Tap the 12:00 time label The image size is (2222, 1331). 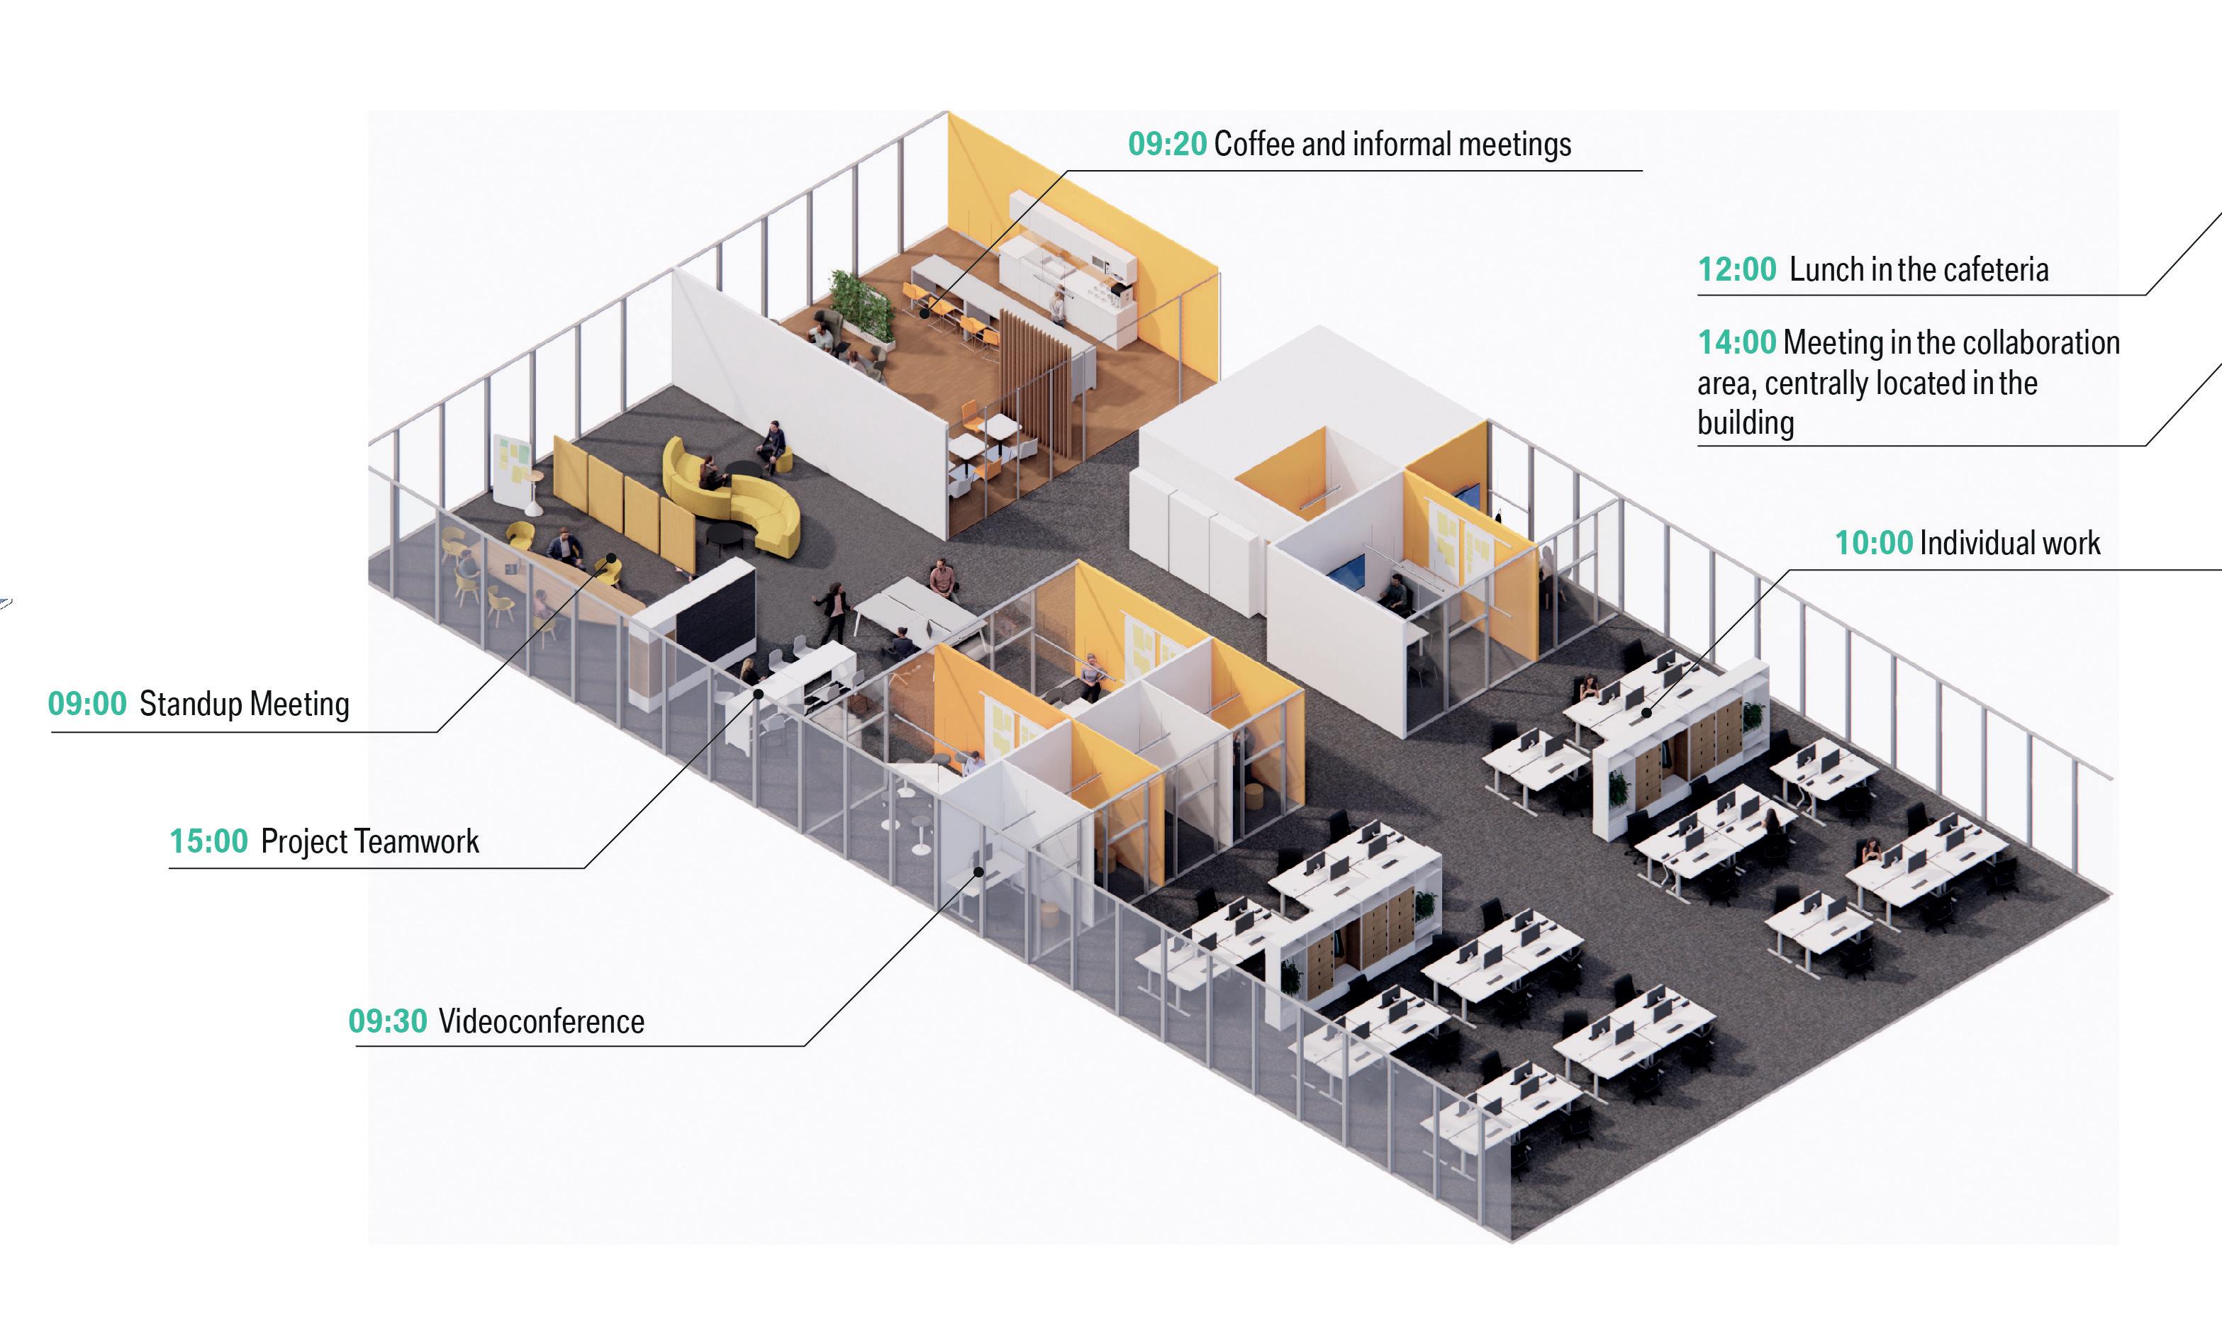(1737, 269)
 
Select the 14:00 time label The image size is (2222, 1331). (1737, 342)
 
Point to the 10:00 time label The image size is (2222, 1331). (1873, 543)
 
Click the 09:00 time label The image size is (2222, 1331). (87, 704)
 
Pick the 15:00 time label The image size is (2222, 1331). (208, 841)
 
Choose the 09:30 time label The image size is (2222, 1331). (388, 1021)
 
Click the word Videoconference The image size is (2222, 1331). (541, 1021)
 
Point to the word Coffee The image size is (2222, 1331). (1254, 145)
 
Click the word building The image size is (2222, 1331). (1745, 422)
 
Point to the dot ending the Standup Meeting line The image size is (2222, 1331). (612, 558)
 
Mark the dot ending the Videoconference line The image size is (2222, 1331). (980, 871)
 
